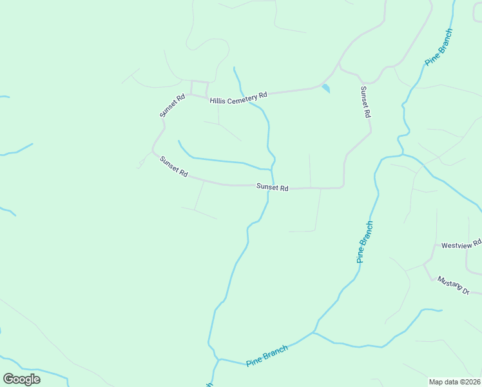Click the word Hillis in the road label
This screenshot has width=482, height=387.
coord(219,101)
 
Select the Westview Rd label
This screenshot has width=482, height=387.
coord(461,244)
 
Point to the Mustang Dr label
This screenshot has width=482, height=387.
coord(453,284)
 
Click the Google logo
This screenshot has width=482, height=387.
coord(21,379)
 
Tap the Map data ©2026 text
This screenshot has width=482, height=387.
coord(454,381)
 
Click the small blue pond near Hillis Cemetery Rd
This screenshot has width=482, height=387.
coord(325,88)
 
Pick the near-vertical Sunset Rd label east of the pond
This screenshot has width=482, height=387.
coord(365,101)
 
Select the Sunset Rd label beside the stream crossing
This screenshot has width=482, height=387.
coord(272,188)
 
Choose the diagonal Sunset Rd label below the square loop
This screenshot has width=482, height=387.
coord(174,167)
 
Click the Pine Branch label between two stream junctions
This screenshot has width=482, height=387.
coord(267,355)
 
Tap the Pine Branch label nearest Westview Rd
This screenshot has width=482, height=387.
coord(365,242)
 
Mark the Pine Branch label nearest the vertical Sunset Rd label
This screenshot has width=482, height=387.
coord(439,46)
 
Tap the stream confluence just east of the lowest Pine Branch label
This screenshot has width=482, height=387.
coord(314,333)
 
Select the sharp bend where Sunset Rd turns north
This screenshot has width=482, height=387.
coord(342,187)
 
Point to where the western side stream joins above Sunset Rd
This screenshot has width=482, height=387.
coord(269,169)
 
